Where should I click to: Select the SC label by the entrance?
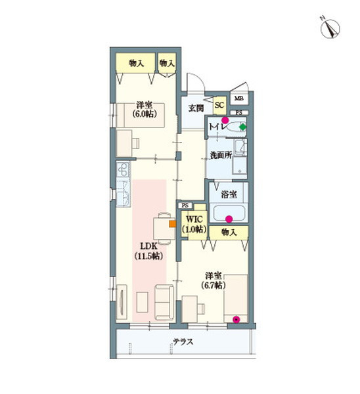pyautogui.click(x=219, y=104)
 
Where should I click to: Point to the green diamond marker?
pyautogui.click(x=242, y=127)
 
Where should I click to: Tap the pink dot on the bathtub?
pyautogui.click(x=229, y=219)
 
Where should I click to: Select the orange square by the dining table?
pyautogui.click(x=172, y=223)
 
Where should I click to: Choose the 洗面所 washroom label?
pyautogui.click(x=220, y=156)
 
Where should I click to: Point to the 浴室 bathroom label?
pyautogui.click(x=229, y=194)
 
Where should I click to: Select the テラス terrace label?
pyautogui.click(x=183, y=341)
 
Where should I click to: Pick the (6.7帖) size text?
pyautogui.click(x=212, y=286)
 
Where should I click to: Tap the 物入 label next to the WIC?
pyautogui.click(x=229, y=232)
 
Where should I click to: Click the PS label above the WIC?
pyautogui.click(x=185, y=205)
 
